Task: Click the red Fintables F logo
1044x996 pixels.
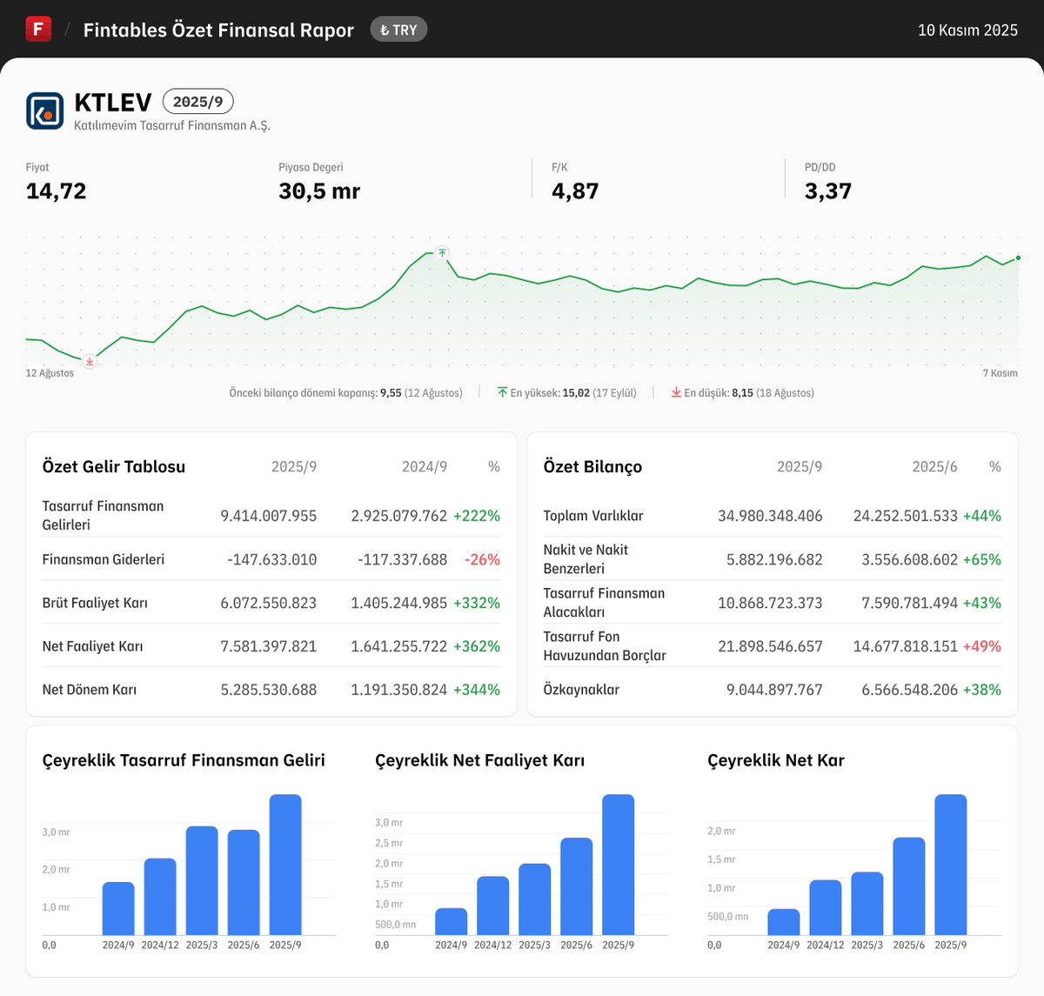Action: pyautogui.click(x=38, y=29)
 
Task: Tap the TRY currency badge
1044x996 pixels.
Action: pyautogui.click(x=398, y=30)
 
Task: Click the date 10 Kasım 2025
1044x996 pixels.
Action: pyautogui.click(x=967, y=30)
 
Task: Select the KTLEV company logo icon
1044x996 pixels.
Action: pyautogui.click(x=45, y=110)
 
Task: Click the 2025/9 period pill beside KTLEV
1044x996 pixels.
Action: pyautogui.click(x=197, y=102)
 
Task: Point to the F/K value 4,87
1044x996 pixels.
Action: pyautogui.click(x=575, y=191)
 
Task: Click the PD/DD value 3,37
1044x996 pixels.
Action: pyautogui.click(x=827, y=191)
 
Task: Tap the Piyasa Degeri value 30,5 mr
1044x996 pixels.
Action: pyautogui.click(x=319, y=191)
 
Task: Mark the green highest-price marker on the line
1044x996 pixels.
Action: pyautogui.click(x=442, y=253)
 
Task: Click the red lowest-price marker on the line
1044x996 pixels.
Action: pyautogui.click(x=89, y=361)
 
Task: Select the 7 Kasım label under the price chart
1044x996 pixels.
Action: pyautogui.click(x=1000, y=373)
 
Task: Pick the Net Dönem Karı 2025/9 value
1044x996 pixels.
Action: pyautogui.click(x=268, y=690)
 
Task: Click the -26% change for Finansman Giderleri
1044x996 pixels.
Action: pyautogui.click(x=482, y=559)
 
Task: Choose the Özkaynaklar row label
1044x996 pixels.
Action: pyautogui.click(x=581, y=690)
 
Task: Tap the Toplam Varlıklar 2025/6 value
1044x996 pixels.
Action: pyautogui.click(x=905, y=516)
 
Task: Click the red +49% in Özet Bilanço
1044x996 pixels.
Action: pyautogui.click(x=981, y=646)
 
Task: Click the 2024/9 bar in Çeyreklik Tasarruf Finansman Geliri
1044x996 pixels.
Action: pyautogui.click(x=118, y=908)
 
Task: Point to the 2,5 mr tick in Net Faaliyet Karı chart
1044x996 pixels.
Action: pyautogui.click(x=389, y=843)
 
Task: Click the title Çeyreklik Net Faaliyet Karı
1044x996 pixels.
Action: pyautogui.click(x=479, y=760)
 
